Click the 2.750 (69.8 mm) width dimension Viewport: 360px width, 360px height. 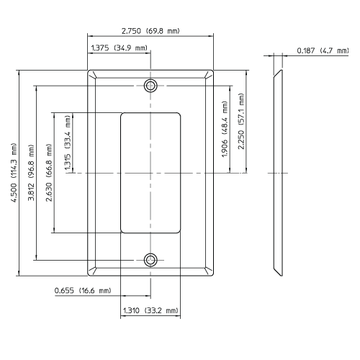tap(150, 31)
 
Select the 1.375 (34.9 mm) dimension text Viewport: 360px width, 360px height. tap(118, 48)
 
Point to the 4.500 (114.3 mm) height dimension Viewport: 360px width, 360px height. tap(12, 173)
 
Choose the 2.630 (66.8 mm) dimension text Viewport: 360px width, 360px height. tap(48, 173)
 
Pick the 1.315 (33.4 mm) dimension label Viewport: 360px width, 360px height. tap(68, 143)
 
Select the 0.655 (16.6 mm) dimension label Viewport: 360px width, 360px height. tap(82, 290)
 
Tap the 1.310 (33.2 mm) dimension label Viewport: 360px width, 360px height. tap(150, 311)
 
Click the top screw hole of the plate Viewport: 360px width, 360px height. tap(150, 86)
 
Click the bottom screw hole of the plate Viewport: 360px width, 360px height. tap(150, 259)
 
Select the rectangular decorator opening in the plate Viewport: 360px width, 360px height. tap(150, 173)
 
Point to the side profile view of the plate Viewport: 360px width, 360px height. tap(278, 173)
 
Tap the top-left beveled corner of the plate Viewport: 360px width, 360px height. tap(91, 75)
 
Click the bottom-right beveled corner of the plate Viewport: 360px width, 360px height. tap(210, 271)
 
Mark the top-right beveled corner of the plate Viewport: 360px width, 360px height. tap(210, 75)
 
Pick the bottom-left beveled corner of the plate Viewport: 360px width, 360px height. tap(91, 271)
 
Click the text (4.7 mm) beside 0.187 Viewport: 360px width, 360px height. tap(334, 50)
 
